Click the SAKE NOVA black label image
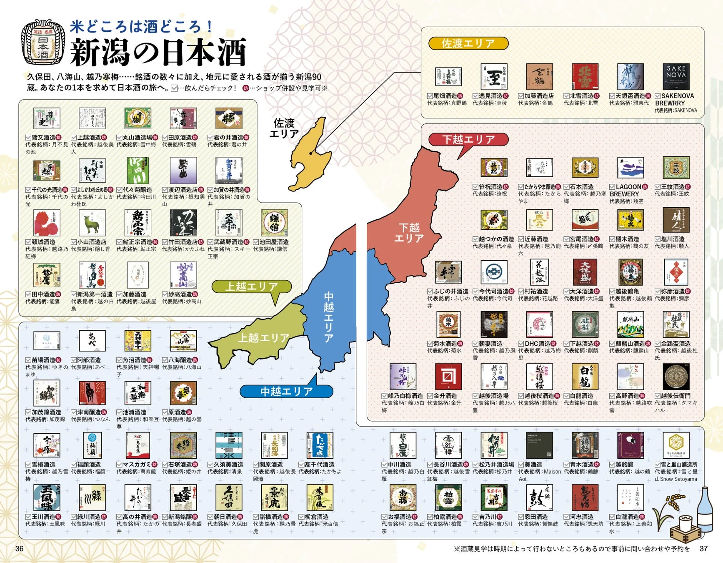click(675, 76)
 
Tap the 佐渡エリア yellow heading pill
click(468, 43)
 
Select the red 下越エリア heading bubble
click(468, 139)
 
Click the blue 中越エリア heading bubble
click(286, 391)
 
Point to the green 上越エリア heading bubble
click(251, 287)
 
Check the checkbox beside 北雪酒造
click(566, 96)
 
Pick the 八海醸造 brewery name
click(180, 360)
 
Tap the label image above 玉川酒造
click(47, 497)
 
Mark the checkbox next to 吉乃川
click(475, 517)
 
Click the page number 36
click(19, 548)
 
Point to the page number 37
click(703, 548)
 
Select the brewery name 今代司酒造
click(493, 291)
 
